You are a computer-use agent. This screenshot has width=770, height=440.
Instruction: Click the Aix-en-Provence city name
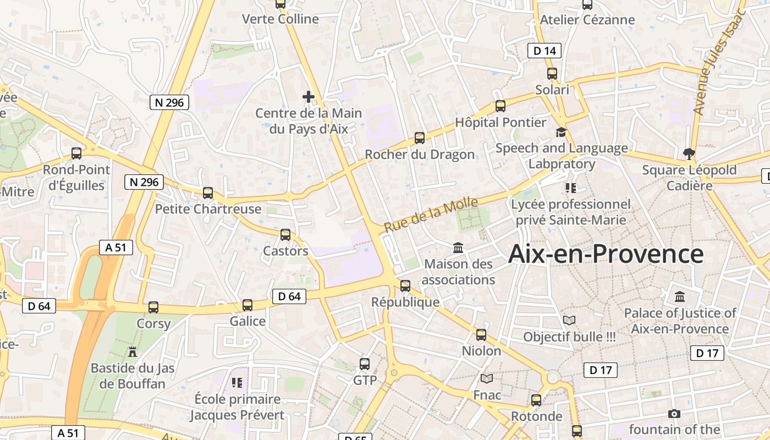pyautogui.click(x=606, y=254)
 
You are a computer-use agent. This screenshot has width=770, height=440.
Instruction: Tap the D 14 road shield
pyautogui.click(x=544, y=51)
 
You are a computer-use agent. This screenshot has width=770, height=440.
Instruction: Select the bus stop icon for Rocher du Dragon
pyautogui.click(x=420, y=138)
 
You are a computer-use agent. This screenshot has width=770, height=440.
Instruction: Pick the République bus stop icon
pyautogui.click(x=405, y=286)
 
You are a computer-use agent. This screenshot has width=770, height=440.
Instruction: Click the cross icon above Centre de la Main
pyautogui.click(x=309, y=97)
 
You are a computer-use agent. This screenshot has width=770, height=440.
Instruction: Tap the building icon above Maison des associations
pyautogui.click(x=458, y=248)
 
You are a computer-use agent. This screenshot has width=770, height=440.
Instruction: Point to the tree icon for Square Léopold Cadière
pyautogui.click(x=688, y=153)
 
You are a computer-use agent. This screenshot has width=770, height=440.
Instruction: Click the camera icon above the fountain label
pyautogui.click(x=674, y=414)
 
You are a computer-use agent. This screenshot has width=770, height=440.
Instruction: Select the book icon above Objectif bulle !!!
pyautogui.click(x=569, y=320)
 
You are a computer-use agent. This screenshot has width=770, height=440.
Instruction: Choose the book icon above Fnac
pyautogui.click(x=487, y=378)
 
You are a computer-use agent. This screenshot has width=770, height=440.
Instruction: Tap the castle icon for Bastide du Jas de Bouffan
pyautogui.click(x=133, y=351)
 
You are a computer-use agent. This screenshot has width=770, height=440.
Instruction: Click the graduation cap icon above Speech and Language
pyautogui.click(x=561, y=132)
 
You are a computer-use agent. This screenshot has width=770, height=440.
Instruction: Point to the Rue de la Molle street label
pyautogui.click(x=431, y=215)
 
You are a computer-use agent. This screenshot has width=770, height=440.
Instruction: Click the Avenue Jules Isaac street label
pyautogui.click(x=718, y=62)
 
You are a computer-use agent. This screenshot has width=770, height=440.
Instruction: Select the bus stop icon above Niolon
pyautogui.click(x=481, y=334)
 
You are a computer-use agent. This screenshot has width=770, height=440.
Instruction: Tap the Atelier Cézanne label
pyautogui.click(x=587, y=20)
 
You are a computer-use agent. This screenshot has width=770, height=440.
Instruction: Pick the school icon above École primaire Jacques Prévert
pyautogui.click(x=237, y=382)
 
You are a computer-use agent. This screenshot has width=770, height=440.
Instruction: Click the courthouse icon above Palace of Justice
pyautogui.click(x=680, y=297)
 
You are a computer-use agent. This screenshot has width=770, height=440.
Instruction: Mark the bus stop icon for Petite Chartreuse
pyautogui.click(x=208, y=193)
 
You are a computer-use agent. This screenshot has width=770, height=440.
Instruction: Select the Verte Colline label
pyautogui.click(x=280, y=19)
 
